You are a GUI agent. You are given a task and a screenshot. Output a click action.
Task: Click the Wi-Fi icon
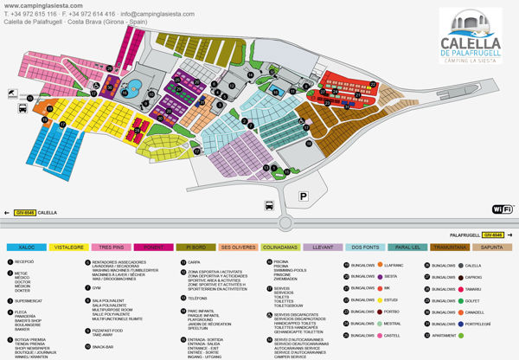pos(503,209)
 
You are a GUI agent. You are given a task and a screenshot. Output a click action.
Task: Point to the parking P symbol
pos(304,196)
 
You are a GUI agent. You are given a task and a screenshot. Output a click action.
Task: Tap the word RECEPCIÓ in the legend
pos(25,260)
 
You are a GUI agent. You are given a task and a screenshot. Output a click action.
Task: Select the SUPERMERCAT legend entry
pos(29,301)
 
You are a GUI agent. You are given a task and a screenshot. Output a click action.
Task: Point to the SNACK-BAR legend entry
pos(104,347)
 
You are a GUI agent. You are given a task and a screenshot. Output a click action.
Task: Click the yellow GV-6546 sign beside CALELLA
pos(24,212)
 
